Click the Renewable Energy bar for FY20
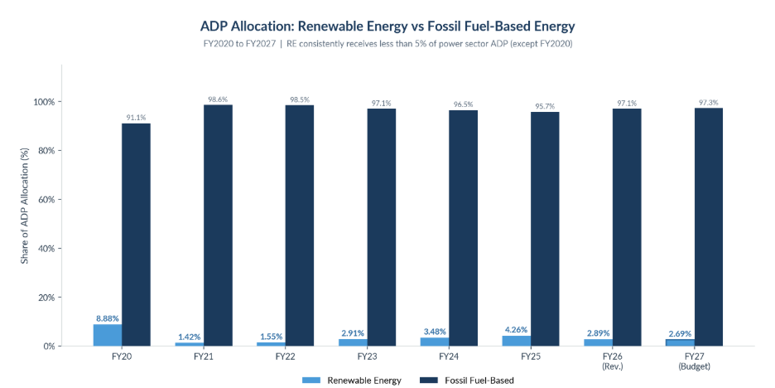[x=108, y=335]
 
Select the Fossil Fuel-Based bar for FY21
[x=218, y=226]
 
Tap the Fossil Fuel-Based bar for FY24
[x=463, y=228]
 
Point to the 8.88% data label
[x=108, y=318]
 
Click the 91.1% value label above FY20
[x=136, y=118]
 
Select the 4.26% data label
[x=517, y=330]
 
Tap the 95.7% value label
[x=545, y=106]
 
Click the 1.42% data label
[x=189, y=337]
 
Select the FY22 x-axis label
[x=285, y=357]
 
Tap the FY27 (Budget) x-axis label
[x=694, y=361]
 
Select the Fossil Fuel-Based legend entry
[x=467, y=380]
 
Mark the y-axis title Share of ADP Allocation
[x=25, y=205]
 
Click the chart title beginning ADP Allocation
[x=387, y=26]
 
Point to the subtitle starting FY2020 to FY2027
[x=387, y=43]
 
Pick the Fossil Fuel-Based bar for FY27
[x=708, y=227]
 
